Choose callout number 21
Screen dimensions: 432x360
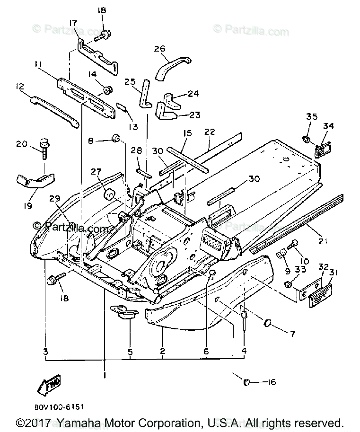tap(323, 242)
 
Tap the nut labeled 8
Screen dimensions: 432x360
tap(115, 138)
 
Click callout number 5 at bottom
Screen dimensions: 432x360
tap(130, 352)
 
